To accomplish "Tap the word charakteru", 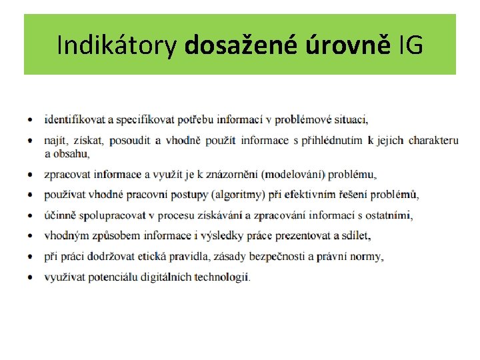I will click(433, 141).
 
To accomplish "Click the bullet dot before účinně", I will click(31, 216).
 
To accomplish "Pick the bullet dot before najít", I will click(31, 141).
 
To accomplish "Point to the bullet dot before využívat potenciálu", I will click(31, 277).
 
